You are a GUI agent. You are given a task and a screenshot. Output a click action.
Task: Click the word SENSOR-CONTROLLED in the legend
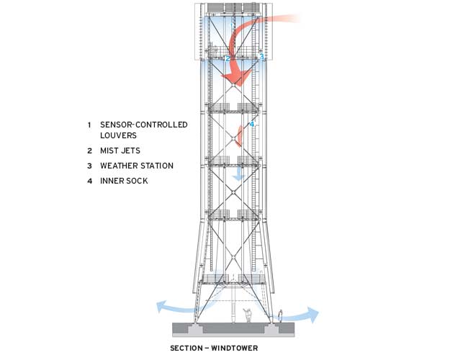144,125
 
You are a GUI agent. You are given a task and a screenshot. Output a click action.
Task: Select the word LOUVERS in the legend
119,135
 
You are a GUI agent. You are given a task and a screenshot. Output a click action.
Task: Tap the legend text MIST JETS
120,150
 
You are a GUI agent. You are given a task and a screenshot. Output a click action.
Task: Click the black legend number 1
89,125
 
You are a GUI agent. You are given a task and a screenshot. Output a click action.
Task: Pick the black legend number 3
89,166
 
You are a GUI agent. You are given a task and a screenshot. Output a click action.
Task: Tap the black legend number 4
89,181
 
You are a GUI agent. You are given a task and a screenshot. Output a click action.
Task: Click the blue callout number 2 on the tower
228,58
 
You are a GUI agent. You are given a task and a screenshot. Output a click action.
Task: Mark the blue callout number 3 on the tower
261,56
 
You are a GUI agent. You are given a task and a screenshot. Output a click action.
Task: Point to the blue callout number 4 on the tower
252,124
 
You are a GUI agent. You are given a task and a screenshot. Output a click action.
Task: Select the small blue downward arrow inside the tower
239,174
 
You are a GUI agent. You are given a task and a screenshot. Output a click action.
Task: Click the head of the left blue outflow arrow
162,307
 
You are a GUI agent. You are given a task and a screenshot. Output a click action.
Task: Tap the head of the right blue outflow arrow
312,315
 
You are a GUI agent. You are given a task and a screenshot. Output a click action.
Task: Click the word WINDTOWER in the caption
235,348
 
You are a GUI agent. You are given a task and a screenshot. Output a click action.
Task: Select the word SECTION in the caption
186,348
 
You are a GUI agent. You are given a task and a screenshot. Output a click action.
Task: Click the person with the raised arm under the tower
248,315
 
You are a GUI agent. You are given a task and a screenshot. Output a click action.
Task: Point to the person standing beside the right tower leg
280,316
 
